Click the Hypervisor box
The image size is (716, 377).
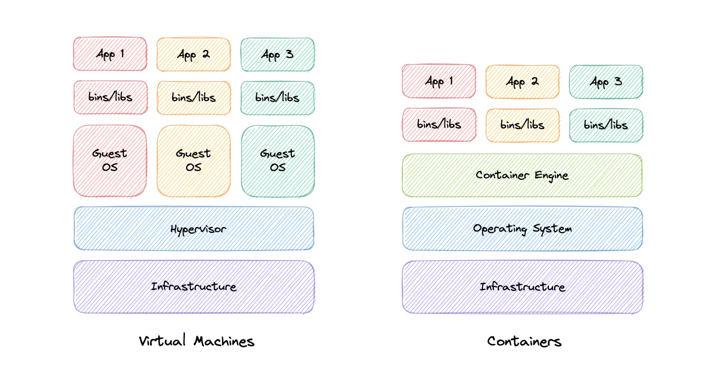pyautogui.click(x=194, y=228)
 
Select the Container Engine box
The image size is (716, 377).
pyautogui.click(x=522, y=175)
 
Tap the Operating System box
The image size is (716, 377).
pyautogui.click(x=522, y=228)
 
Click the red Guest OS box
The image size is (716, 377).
pyautogui.click(x=110, y=161)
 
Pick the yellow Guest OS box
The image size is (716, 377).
pyautogui.click(x=194, y=161)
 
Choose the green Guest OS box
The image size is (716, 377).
pyautogui.click(x=278, y=161)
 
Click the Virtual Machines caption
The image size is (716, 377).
pyautogui.click(x=196, y=341)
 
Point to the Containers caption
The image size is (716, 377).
pyautogui.click(x=524, y=341)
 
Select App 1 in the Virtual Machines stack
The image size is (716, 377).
pyautogui.click(x=110, y=54)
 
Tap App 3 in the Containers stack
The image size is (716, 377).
pyautogui.click(x=606, y=82)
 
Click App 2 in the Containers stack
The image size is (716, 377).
pyautogui.click(x=522, y=82)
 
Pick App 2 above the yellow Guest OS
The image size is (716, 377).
pyautogui.click(x=194, y=54)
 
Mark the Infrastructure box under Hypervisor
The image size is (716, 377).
pyautogui.click(x=194, y=286)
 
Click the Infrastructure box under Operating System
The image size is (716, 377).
pyautogui.click(x=522, y=287)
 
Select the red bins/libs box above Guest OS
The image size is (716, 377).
pyautogui.click(x=110, y=97)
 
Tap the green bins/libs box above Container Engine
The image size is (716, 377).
pyautogui.click(x=606, y=125)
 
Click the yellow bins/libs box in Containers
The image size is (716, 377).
pyautogui.click(x=522, y=125)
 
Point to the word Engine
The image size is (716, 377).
pyautogui.click(x=551, y=176)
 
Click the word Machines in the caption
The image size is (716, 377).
pyautogui.click(x=224, y=341)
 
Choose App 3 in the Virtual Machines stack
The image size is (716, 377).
pyautogui.click(x=278, y=55)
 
